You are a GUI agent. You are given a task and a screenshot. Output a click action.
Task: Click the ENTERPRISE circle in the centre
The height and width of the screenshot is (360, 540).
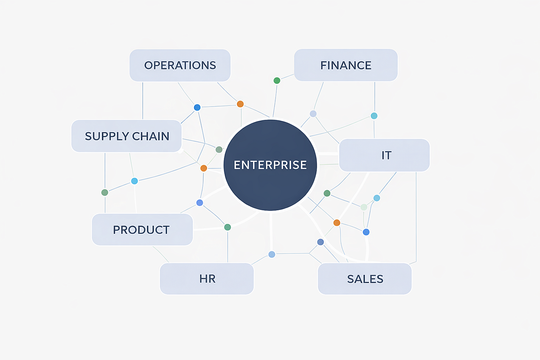coord(270,165)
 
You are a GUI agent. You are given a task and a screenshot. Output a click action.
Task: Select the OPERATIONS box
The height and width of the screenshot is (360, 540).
coord(180,65)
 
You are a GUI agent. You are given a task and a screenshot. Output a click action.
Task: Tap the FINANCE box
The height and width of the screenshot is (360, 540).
coord(346,65)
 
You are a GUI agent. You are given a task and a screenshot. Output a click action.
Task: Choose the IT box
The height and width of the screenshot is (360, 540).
coord(384,155)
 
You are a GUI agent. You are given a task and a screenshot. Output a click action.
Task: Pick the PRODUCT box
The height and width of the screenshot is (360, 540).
coord(142,230)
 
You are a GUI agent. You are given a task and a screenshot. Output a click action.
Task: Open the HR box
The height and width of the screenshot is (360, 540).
coord(207,279)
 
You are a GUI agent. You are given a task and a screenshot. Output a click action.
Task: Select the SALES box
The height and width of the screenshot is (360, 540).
coord(365,279)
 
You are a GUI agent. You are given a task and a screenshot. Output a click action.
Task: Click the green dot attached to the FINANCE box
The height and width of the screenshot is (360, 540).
coord(277,81)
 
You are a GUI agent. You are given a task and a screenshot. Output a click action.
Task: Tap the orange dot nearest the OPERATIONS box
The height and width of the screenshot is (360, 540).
coord(240,104)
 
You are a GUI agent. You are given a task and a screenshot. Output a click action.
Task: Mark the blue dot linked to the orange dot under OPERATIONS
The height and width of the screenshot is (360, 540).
coord(197,107)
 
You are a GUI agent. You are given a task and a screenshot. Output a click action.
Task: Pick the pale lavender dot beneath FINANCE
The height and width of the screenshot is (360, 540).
coord(313,114)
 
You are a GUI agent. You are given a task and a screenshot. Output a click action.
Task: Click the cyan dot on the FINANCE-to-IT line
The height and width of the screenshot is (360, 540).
coord(374,116)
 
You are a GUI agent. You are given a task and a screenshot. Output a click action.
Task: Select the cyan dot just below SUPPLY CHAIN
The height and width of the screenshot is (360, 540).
coord(134,181)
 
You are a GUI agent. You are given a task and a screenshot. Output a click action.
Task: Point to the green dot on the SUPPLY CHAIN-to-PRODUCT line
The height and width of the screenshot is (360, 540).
coord(105,192)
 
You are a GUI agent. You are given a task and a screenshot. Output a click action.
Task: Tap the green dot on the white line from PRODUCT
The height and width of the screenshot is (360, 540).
coord(227,227)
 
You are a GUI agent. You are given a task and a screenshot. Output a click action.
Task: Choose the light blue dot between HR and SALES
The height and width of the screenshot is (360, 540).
coord(272,254)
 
